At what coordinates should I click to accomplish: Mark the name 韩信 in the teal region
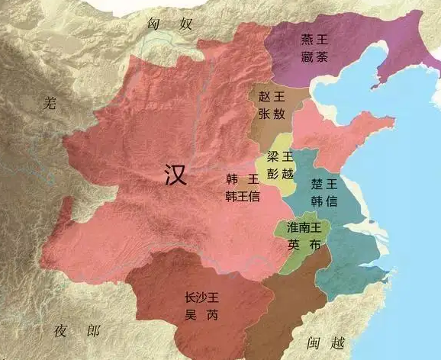click(324, 201)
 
